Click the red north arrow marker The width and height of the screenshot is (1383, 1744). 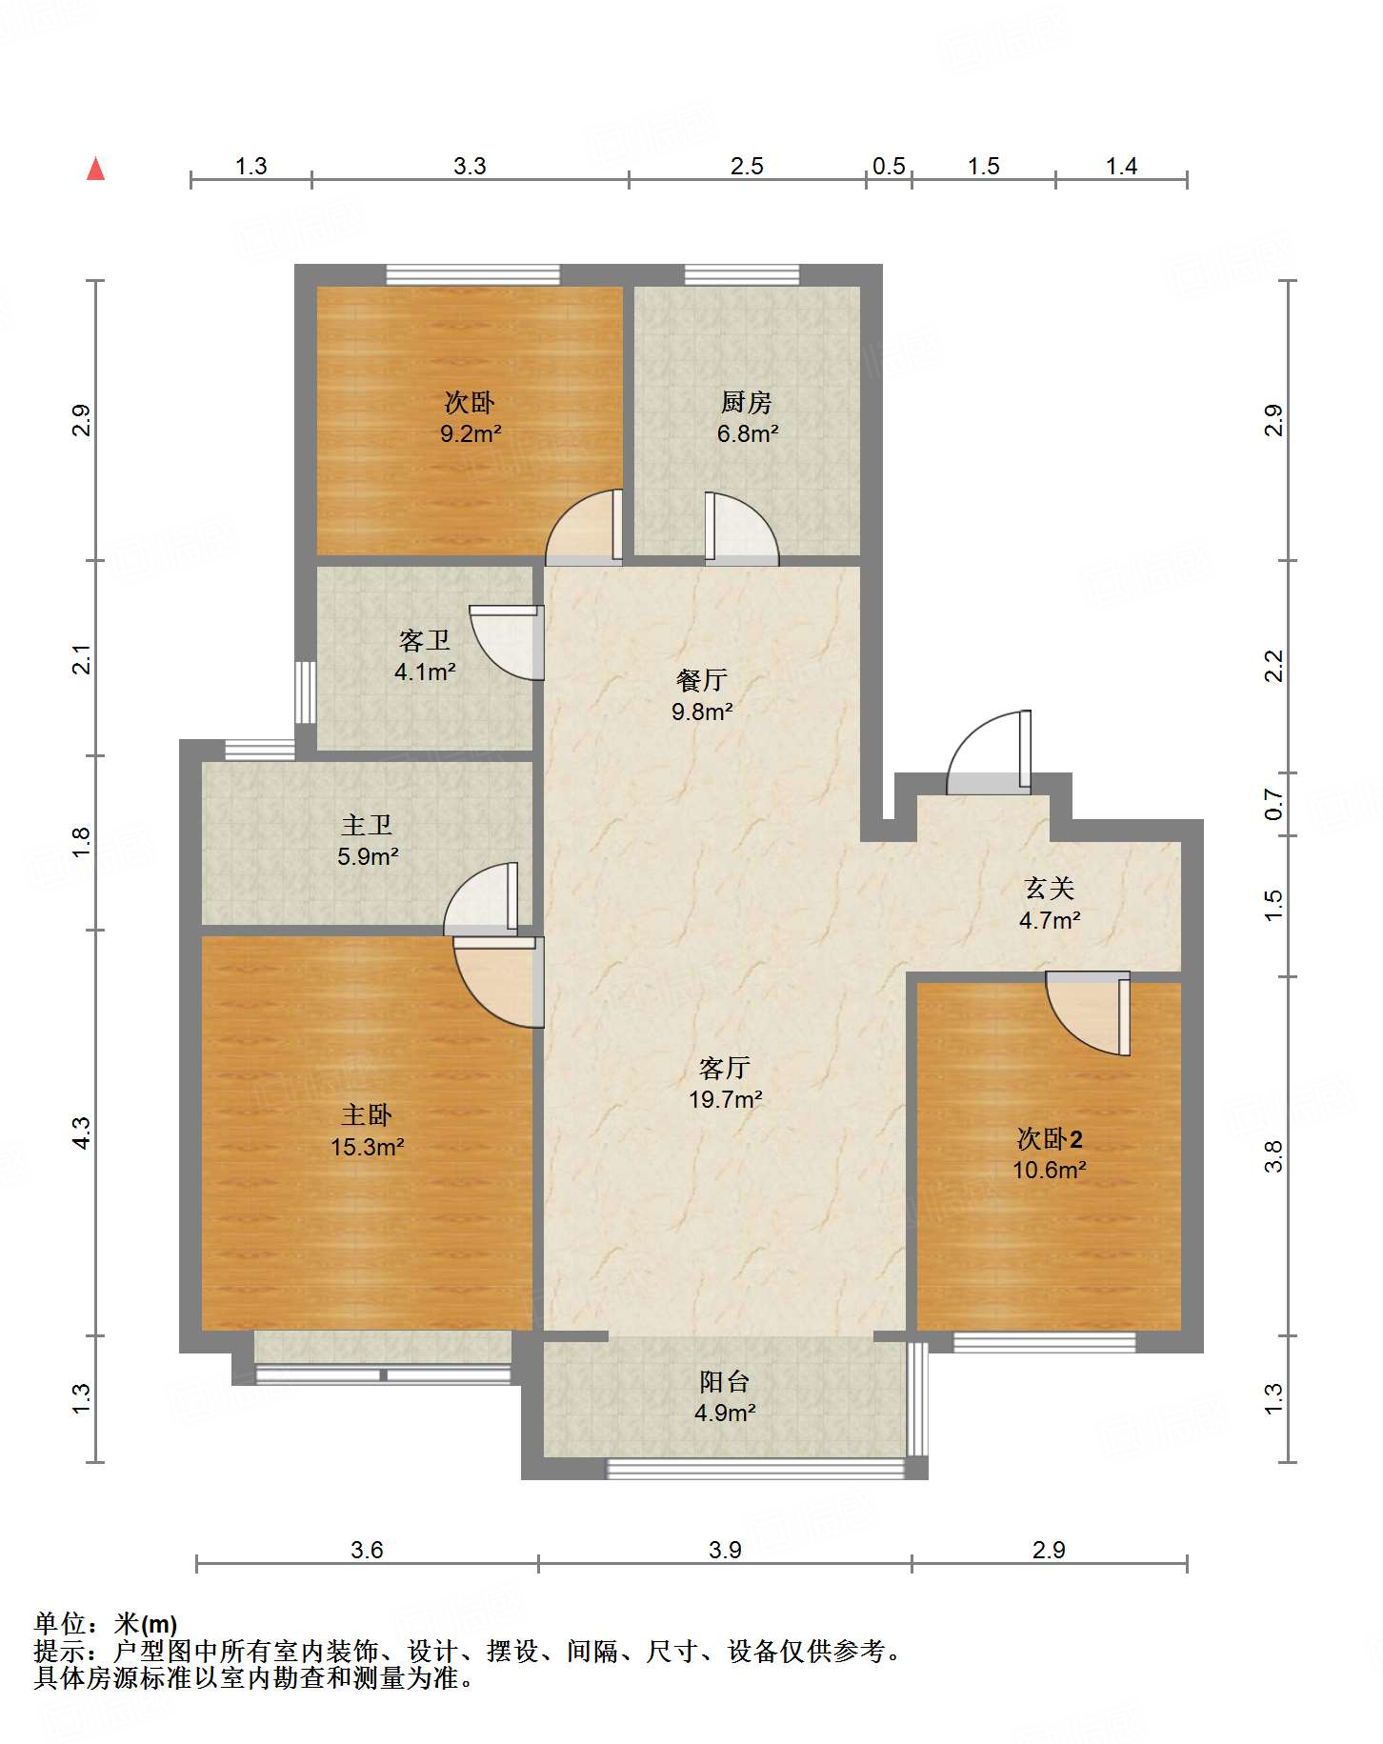point(95,169)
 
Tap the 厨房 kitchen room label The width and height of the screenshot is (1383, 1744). point(746,403)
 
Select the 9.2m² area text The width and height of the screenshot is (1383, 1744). point(471,434)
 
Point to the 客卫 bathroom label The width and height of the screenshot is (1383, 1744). point(425,641)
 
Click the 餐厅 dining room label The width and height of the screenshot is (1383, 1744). point(702,680)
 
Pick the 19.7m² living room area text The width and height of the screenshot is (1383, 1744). point(726,1100)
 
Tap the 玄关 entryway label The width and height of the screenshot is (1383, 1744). point(1050,889)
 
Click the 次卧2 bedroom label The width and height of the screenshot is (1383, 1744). point(1050,1139)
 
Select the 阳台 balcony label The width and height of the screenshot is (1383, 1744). point(725,1382)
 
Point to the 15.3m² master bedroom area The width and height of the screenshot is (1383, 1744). point(368,1148)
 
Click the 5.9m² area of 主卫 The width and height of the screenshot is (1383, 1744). point(368,857)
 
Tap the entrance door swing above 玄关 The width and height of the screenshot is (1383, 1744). point(989,752)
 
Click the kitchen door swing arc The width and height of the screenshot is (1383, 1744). point(742,528)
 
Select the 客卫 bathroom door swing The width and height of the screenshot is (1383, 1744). point(507,643)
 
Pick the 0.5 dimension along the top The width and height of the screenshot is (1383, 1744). point(889,167)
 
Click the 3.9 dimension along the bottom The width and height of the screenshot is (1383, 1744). point(725,1551)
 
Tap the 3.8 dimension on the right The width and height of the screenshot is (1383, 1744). point(1273,1156)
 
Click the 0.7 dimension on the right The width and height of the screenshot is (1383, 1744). point(1273,805)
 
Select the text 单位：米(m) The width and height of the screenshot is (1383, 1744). point(106,1624)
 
